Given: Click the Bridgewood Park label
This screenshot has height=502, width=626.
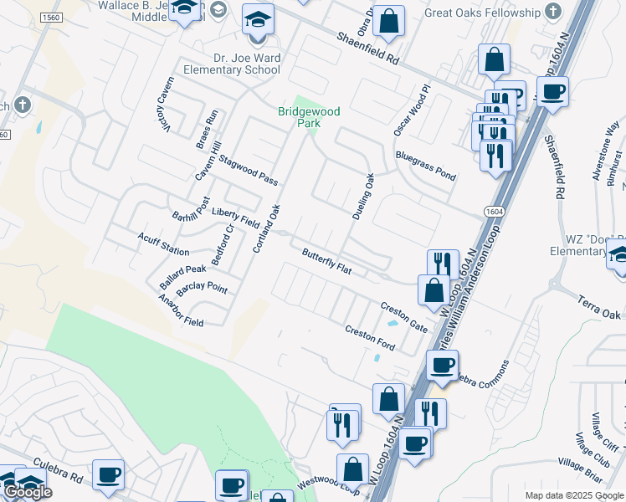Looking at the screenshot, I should (x=299, y=116).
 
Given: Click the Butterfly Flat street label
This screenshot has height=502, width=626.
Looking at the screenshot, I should (x=326, y=262).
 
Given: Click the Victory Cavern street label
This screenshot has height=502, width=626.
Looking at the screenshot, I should (x=163, y=110).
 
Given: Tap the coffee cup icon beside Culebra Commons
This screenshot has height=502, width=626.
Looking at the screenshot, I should (x=442, y=364).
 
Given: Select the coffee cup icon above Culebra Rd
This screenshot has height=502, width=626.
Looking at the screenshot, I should (x=109, y=474).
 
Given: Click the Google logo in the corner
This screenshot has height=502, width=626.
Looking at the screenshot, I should (x=27, y=492).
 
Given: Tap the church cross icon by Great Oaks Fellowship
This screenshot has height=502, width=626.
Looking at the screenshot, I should (x=552, y=12).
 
